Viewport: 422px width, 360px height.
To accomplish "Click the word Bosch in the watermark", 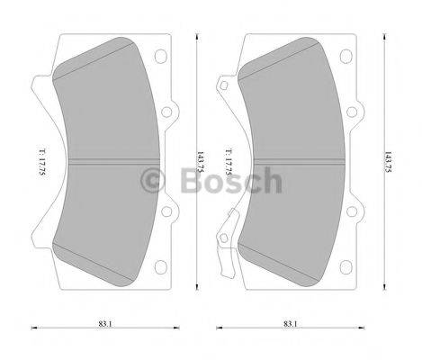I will [x=227, y=183].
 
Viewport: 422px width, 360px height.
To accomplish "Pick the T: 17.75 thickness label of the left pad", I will [x=40, y=162].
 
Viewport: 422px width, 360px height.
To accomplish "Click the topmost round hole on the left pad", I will [x=162, y=57].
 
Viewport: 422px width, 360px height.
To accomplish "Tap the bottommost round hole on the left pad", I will [x=162, y=266].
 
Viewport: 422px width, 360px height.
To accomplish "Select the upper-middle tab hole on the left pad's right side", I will [x=167, y=112].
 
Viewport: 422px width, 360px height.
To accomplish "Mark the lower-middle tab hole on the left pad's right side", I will [x=167, y=212].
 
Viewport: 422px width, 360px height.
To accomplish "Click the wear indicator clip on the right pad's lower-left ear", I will [x=229, y=229].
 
